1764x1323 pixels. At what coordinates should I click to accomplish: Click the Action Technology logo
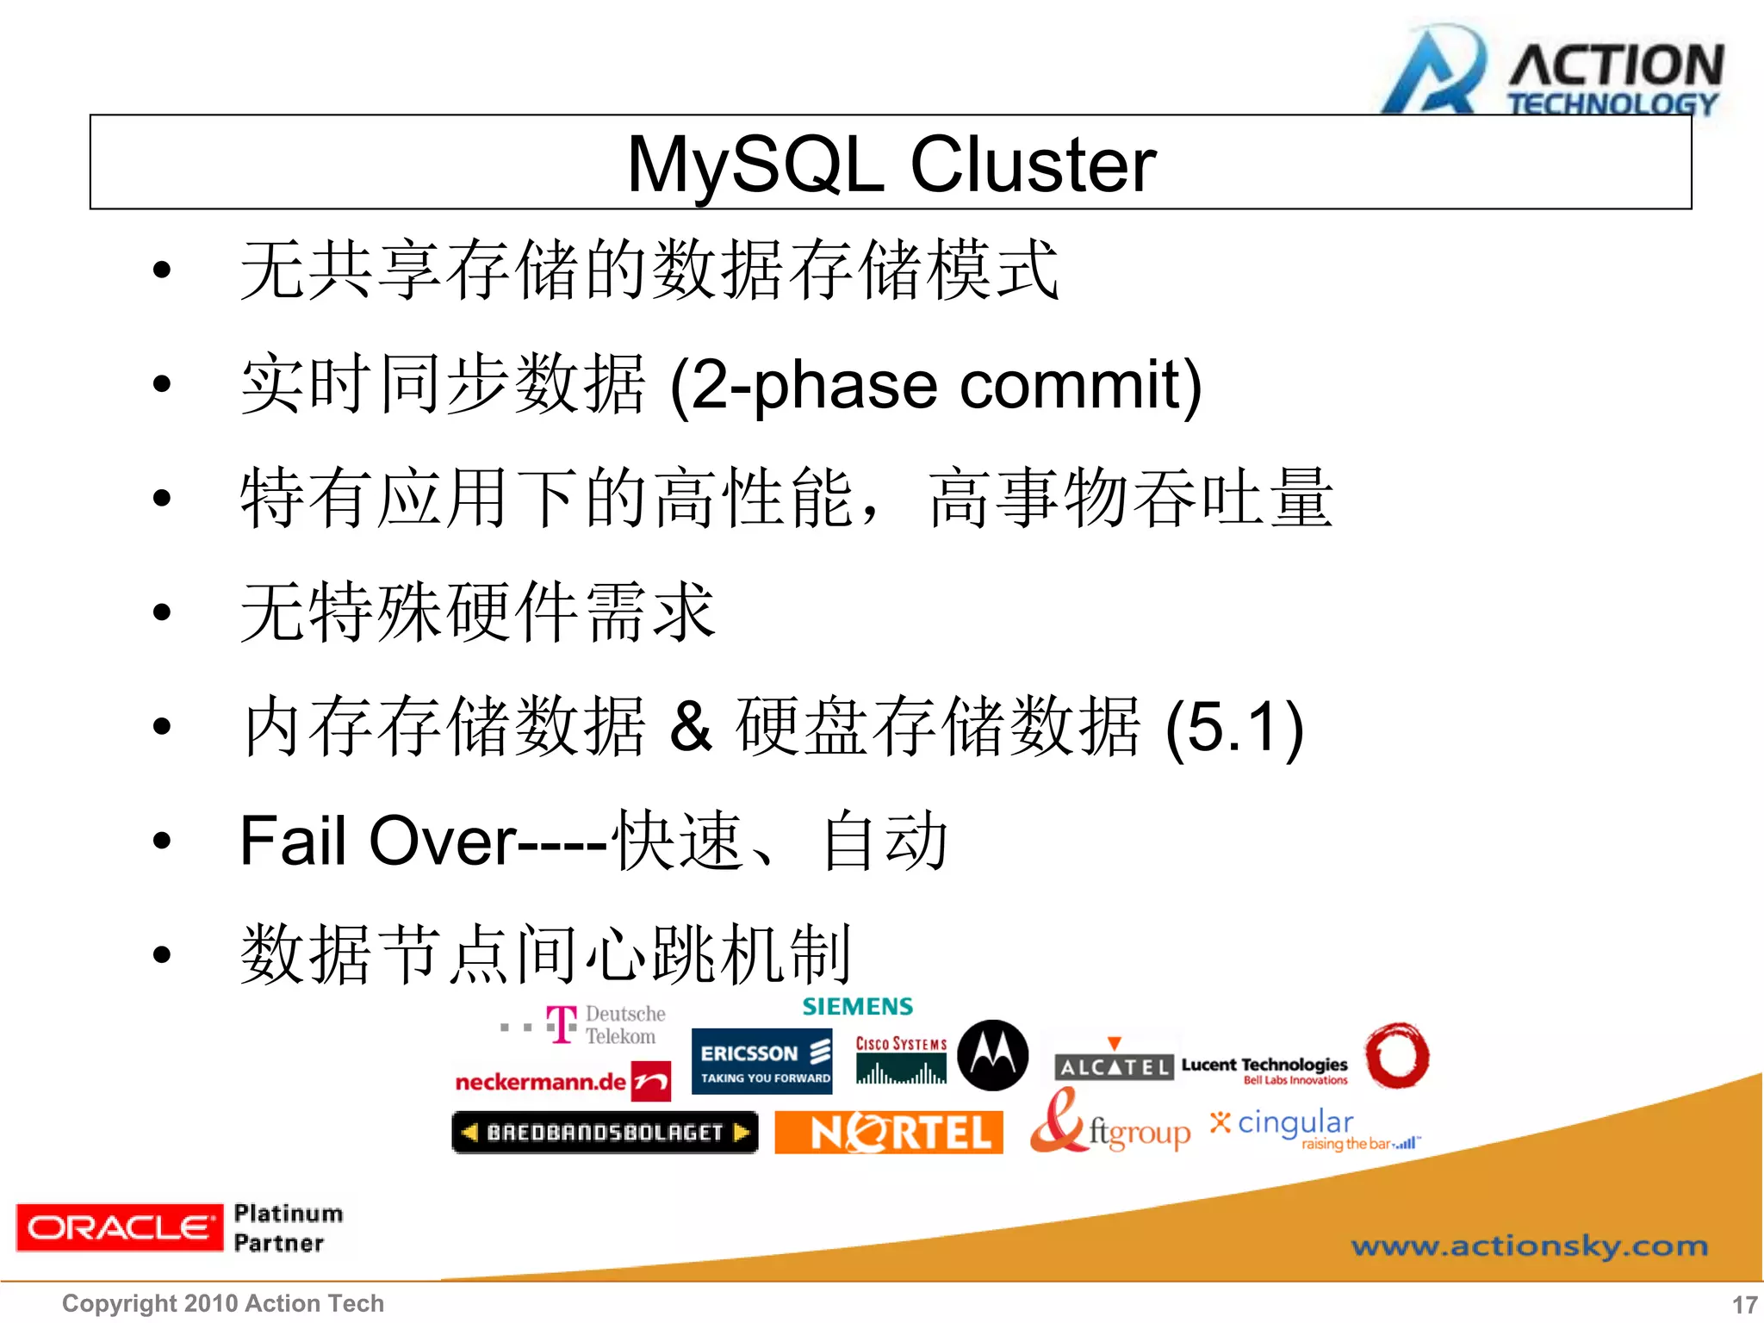pyautogui.click(x=1550, y=73)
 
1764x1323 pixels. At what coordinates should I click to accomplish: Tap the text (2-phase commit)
pyautogui.click(x=935, y=385)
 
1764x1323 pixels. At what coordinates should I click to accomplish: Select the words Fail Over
pyautogui.click(x=377, y=841)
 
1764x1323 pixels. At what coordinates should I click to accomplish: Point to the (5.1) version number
pyautogui.click(x=1233, y=727)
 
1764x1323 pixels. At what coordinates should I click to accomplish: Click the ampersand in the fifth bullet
pyautogui.click(x=691, y=727)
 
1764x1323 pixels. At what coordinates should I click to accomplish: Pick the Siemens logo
pyautogui.click(x=857, y=1006)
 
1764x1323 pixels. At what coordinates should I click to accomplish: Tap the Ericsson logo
pyautogui.click(x=762, y=1062)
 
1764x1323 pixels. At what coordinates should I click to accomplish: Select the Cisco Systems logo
pyautogui.click(x=901, y=1060)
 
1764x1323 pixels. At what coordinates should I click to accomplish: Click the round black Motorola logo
pyautogui.click(x=993, y=1055)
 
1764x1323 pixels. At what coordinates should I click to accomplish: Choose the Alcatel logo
pyautogui.click(x=1113, y=1065)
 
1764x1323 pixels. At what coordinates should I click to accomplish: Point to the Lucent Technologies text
pyautogui.click(x=1264, y=1066)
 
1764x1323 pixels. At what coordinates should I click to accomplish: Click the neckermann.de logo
pyautogui.click(x=562, y=1081)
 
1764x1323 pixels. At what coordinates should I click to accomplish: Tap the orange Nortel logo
pyautogui.click(x=888, y=1132)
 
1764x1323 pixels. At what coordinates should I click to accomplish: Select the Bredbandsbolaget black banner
pyautogui.click(x=605, y=1132)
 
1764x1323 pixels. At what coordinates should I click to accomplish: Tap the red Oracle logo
pyautogui.click(x=119, y=1227)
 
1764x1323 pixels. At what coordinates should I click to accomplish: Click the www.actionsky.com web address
pyautogui.click(x=1529, y=1245)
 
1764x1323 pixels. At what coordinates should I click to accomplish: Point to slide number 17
pyautogui.click(x=1744, y=1304)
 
